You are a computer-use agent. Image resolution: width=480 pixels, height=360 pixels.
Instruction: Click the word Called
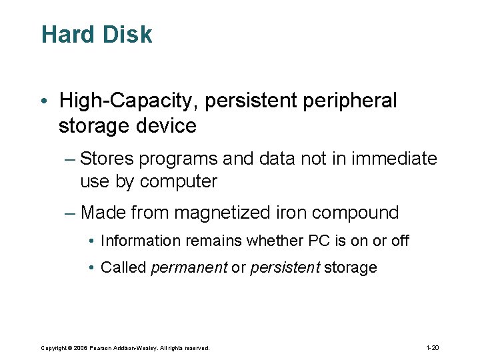[x=123, y=268]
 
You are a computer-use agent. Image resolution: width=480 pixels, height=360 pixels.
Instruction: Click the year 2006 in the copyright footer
[x=81, y=348]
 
